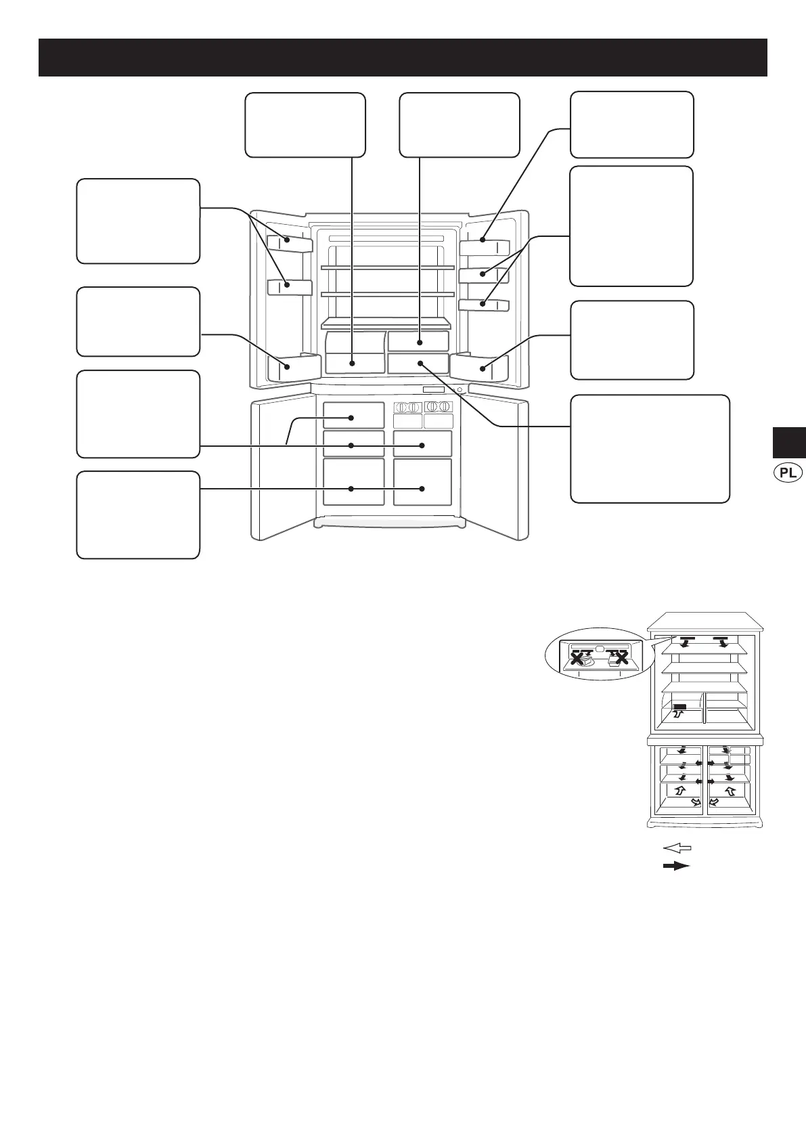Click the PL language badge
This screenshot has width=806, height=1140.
point(788,473)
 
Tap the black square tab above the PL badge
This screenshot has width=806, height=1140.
point(788,442)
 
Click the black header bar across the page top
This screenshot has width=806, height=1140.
point(403,58)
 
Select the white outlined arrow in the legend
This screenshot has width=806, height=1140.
point(676,847)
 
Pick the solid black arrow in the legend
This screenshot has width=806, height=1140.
point(676,866)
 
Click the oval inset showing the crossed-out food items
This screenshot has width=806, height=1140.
point(596,655)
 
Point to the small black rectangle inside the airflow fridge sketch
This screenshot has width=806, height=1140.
point(680,707)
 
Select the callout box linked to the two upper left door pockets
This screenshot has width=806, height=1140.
point(138,221)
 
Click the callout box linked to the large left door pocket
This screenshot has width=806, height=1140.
point(138,322)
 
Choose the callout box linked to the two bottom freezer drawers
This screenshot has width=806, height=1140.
point(138,514)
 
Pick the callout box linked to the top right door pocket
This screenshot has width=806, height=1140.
point(632,125)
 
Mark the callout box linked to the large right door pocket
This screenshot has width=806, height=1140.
point(632,340)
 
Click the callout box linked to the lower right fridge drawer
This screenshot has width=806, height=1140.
point(650,449)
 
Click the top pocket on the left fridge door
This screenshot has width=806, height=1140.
point(290,243)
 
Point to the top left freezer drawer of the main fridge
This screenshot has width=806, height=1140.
point(353,415)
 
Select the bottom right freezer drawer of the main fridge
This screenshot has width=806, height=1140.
point(422,482)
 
